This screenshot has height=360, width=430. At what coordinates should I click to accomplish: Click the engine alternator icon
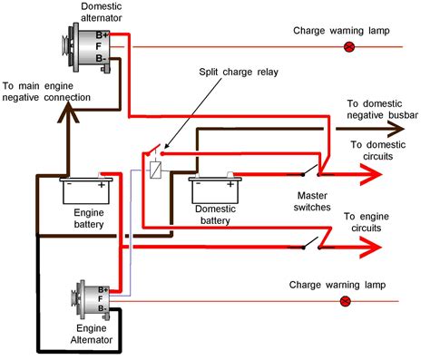pyautogui.click(x=88, y=298)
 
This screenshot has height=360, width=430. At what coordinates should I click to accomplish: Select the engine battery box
pyautogui.click(x=87, y=191)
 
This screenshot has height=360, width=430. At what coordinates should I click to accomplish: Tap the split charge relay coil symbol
pyautogui.click(x=156, y=168)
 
